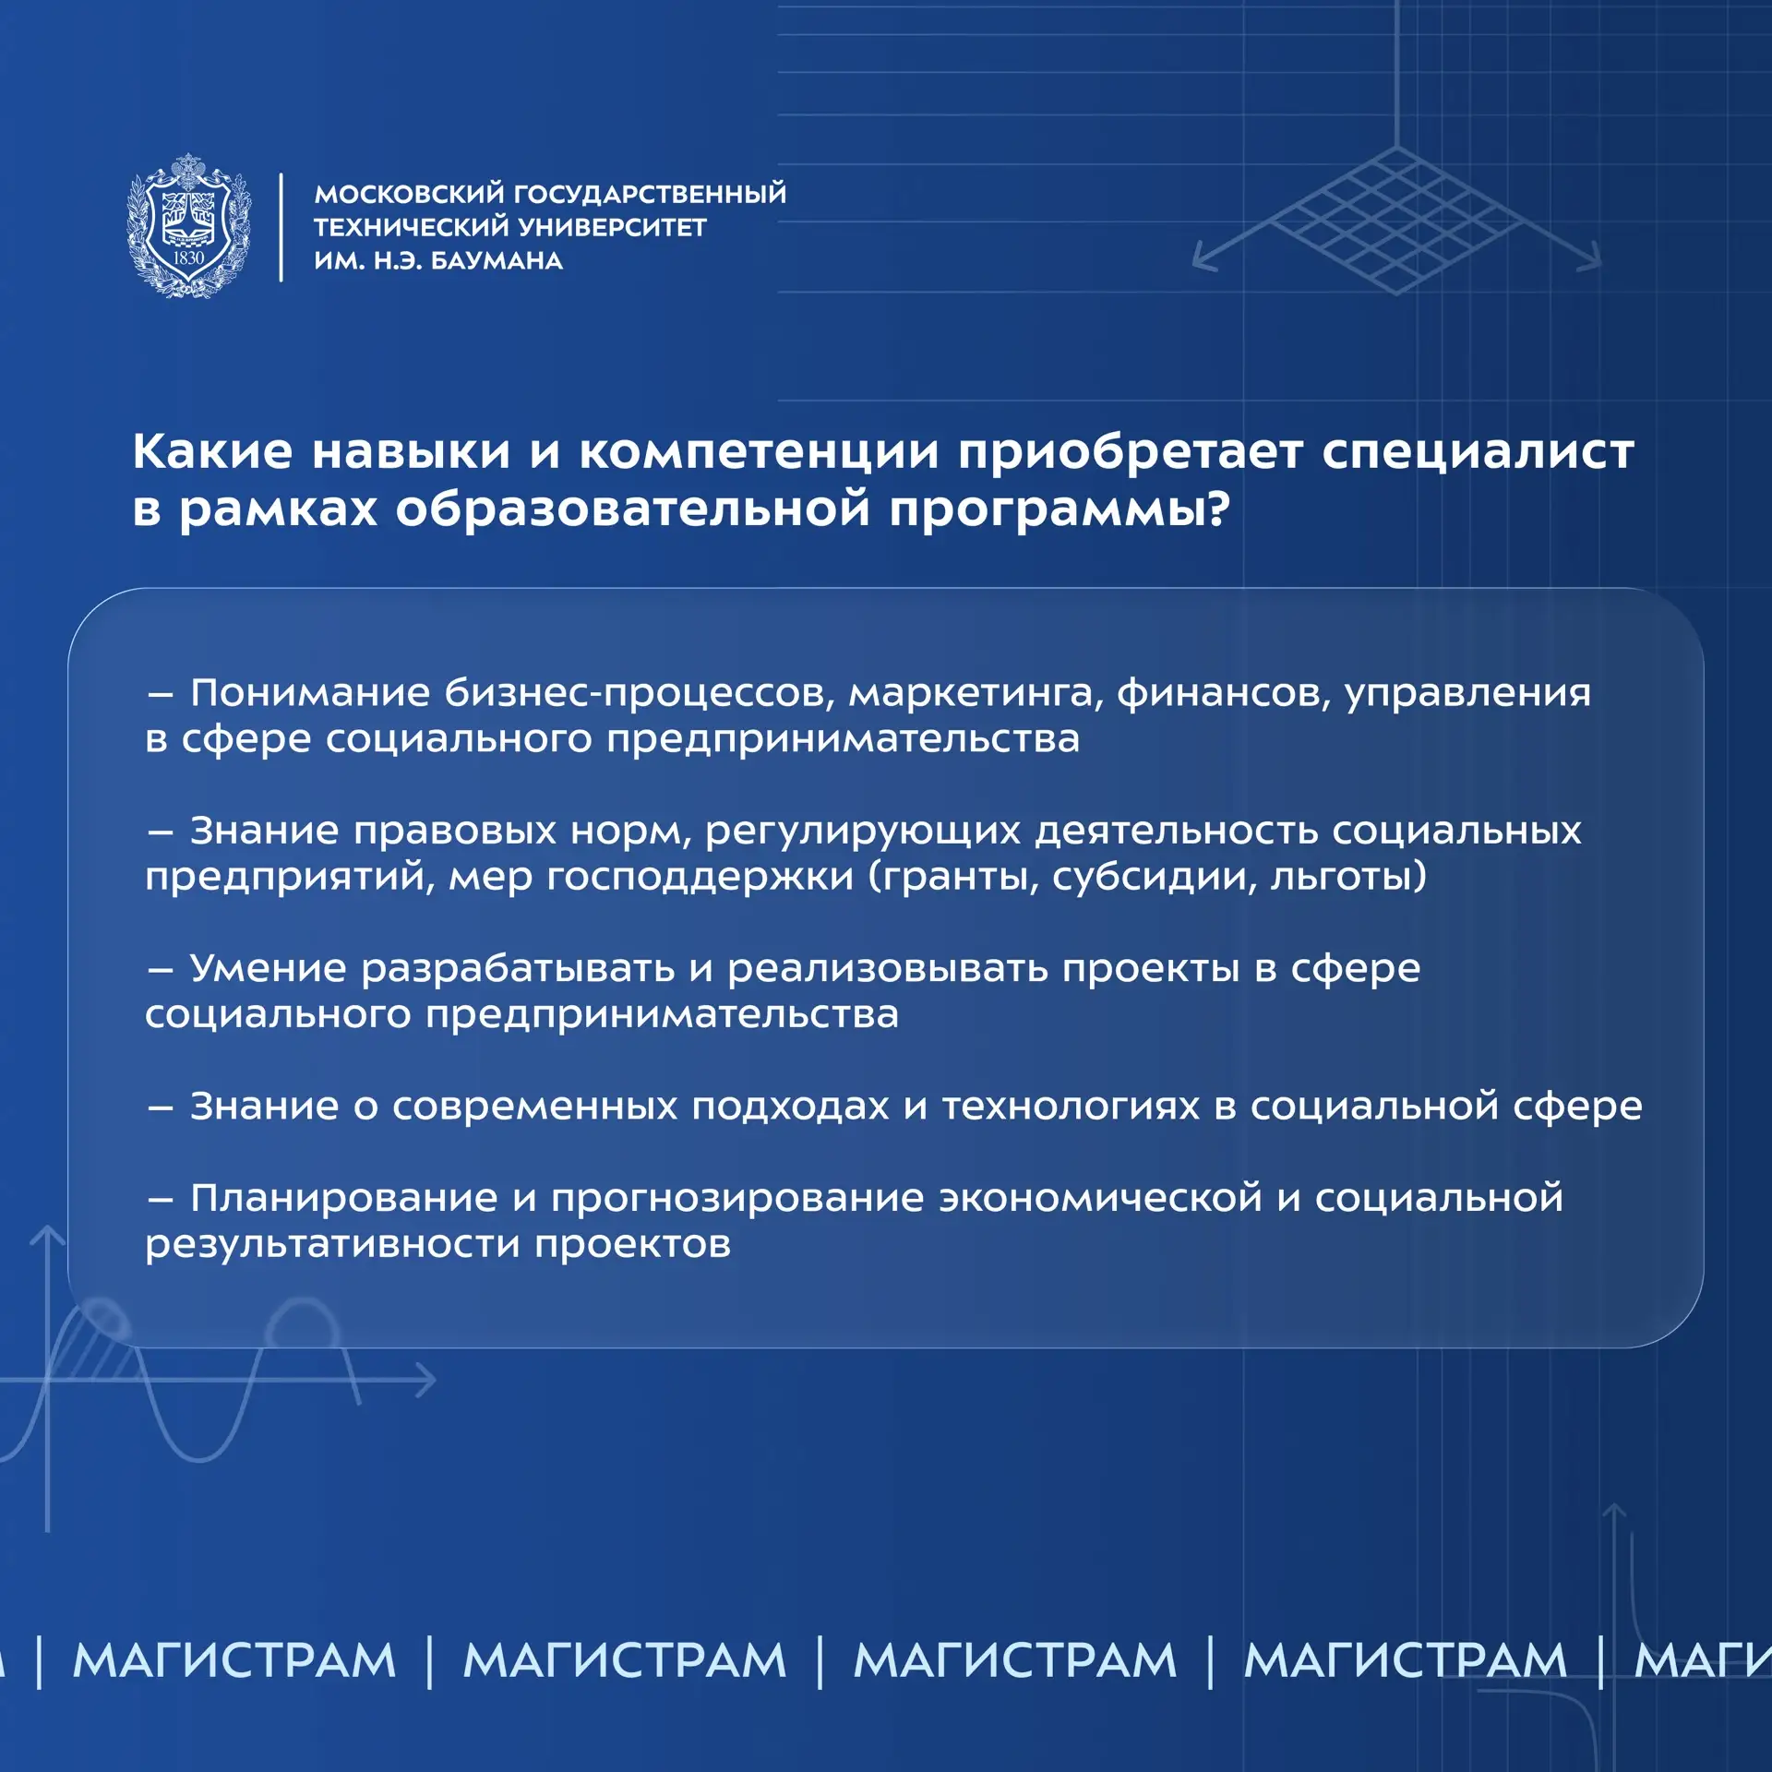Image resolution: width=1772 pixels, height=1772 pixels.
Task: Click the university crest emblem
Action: click(x=189, y=225)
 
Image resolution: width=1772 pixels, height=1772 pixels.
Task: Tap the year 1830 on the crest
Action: click(x=188, y=258)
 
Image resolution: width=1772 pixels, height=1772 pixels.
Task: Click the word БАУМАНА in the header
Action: click(x=497, y=261)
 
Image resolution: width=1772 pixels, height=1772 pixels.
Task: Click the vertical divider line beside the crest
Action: click(x=281, y=227)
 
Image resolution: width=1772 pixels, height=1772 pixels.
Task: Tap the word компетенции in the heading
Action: click(x=760, y=452)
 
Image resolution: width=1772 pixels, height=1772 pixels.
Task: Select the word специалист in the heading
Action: click(x=1478, y=452)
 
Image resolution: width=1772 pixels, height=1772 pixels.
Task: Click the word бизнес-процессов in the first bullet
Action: click(x=640, y=694)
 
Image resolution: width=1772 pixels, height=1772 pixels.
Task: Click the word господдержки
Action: click(x=700, y=877)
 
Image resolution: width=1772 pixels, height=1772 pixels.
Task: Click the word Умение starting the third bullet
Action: click(x=268, y=968)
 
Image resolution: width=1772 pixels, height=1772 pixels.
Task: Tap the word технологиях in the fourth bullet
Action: click(x=1071, y=1106)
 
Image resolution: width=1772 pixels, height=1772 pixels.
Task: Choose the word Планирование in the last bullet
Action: click(x=344, y=1199)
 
